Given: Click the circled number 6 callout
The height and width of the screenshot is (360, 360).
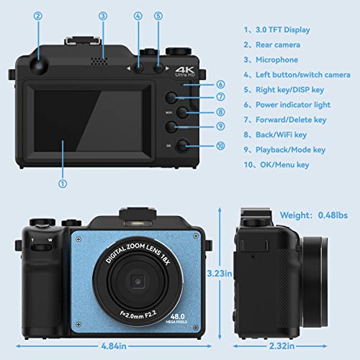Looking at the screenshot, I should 200,84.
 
